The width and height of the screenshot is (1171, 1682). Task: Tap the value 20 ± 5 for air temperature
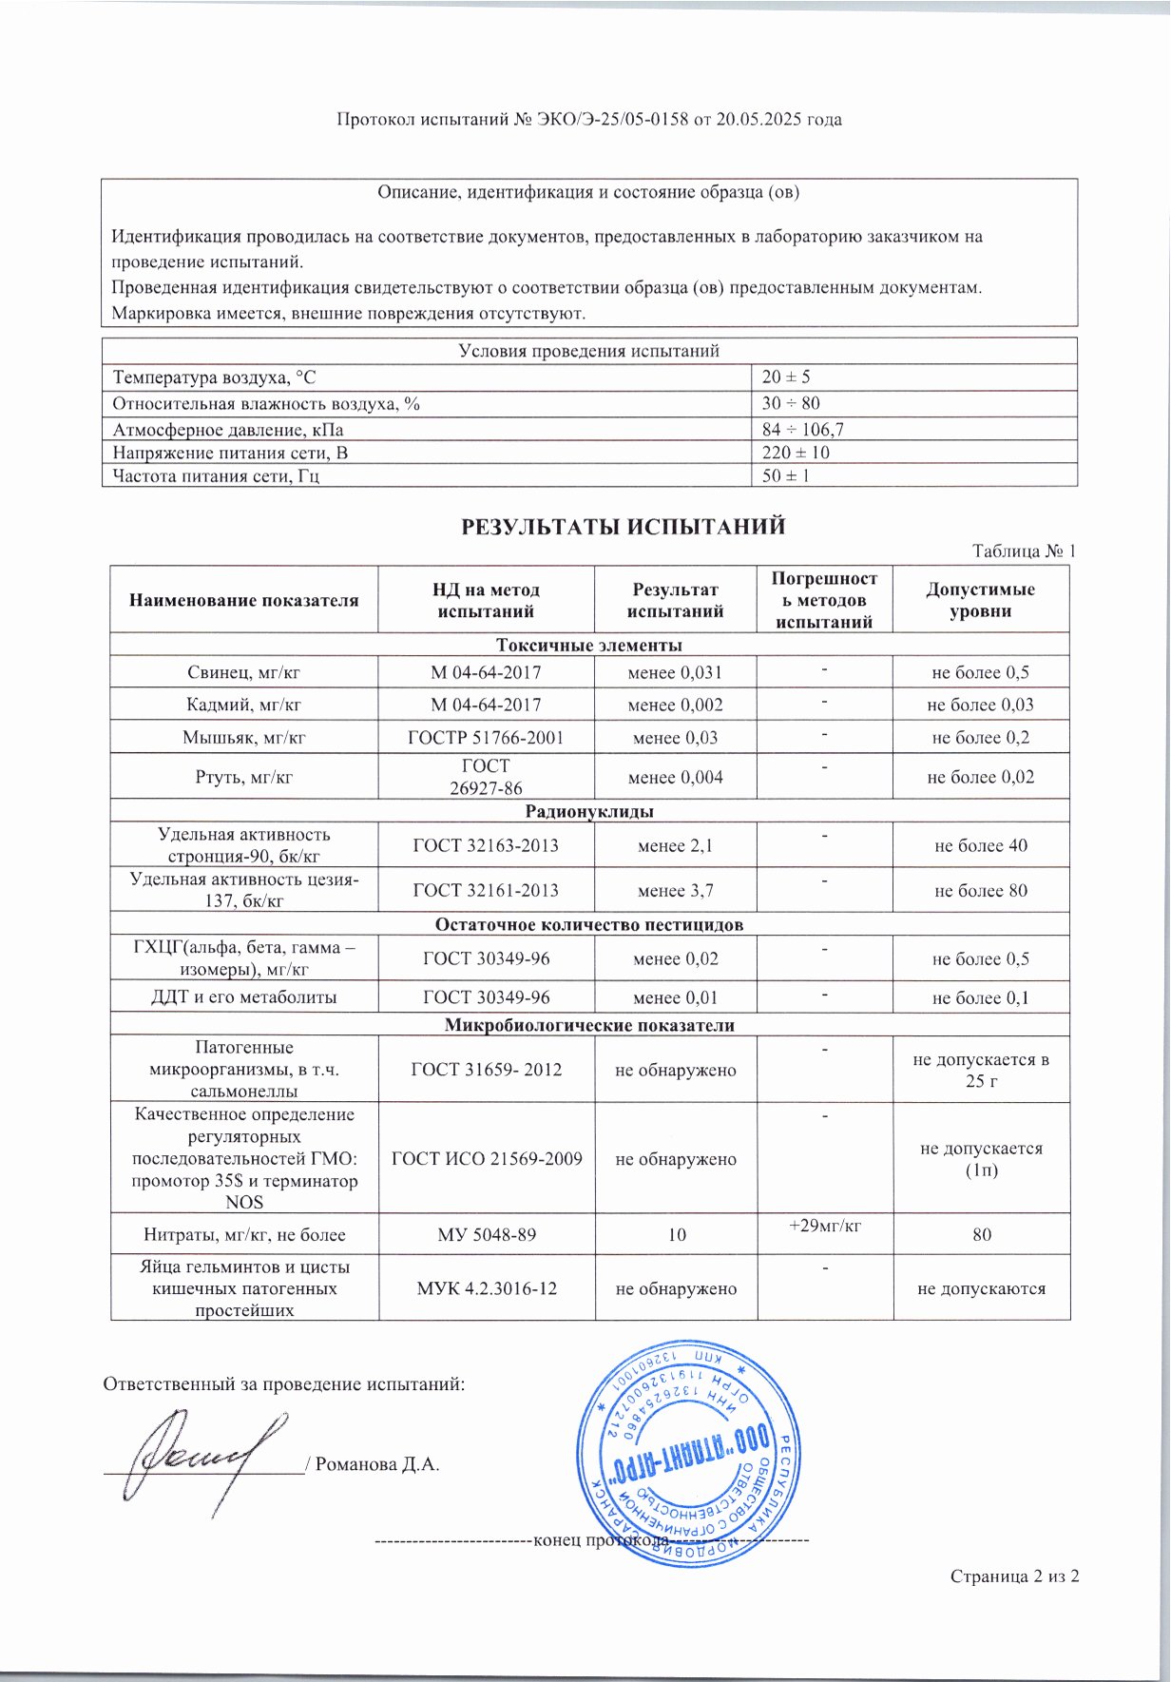tap(786, 377)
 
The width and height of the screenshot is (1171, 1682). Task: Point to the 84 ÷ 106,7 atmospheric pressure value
tap(803, 430)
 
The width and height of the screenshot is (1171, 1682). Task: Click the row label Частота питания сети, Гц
tap(216, 475)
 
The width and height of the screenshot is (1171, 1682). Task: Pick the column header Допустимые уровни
tap(980, 600)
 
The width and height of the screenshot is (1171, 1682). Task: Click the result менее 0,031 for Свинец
tap(676, 673)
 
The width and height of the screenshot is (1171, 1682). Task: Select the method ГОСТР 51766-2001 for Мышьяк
tap(486, 738)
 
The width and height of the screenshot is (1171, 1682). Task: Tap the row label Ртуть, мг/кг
tap(243, 777)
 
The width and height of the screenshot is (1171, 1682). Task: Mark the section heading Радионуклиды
tap(589, 812)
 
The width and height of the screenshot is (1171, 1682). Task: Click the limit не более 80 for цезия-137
tap(981, 891)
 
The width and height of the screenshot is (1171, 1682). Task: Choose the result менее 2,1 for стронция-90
tap(676, 845)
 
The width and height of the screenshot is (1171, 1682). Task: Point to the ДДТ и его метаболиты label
tap(243, 997)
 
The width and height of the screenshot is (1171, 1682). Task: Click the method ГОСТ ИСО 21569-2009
tap(486, 1158)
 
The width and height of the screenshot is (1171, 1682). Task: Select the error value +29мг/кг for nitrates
tap(824, 1226)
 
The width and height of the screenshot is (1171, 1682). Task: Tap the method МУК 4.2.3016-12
tap(486, 1288)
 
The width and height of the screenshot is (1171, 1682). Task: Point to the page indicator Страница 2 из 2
tap(1014, 1576)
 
